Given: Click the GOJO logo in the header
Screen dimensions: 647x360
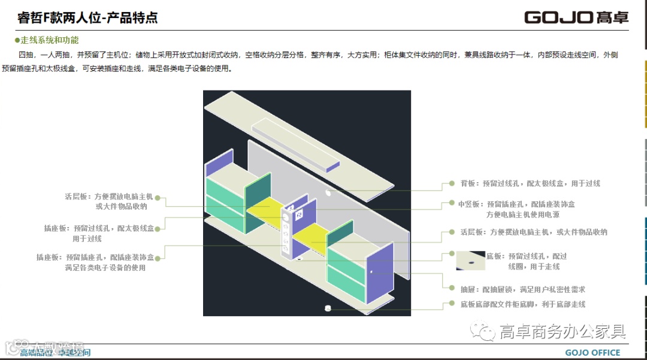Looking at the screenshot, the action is tap(576, 17).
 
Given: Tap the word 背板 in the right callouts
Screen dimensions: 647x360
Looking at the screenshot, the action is tap(468, 184).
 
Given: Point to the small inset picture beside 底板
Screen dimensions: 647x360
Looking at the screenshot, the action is tap(470, 261).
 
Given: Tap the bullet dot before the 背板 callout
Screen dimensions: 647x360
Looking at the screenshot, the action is tap(452, 184).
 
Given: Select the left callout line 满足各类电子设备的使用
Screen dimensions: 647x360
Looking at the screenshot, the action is tap(105, 268).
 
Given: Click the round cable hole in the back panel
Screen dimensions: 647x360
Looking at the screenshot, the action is tap(328, 193).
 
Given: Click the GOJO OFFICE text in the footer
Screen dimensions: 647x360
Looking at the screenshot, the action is tap(592, 352).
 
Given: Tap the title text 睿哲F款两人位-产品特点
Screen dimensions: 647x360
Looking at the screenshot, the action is tap(87, 18).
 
